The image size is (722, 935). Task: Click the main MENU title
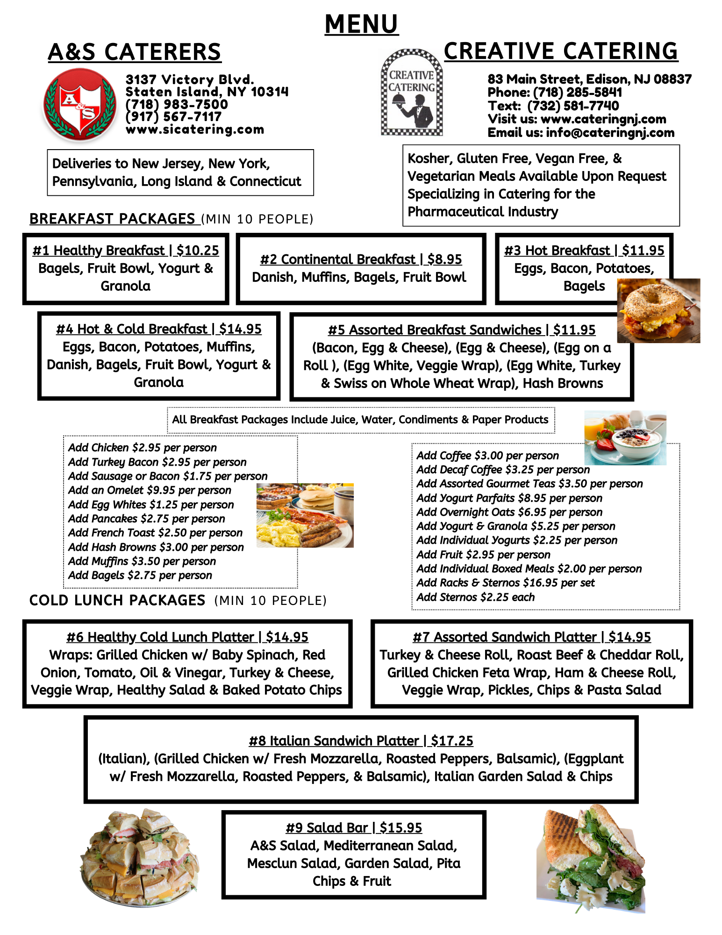pyautogui.click(x=361, y=24)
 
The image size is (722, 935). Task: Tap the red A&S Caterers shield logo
pyautogui.click(x=80, y=104)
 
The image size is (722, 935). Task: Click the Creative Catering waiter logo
pyautogui.click(x=412, y=93)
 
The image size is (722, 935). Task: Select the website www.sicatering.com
pyautogui.click(x=195, y=129)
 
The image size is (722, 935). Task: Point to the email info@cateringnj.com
pyautogui.click(x=610, y=133)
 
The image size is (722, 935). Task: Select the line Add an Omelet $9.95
pyautogui.click(x=150, y=490)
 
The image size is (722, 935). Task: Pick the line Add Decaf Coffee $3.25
pyautogui.click(x=503, y=470)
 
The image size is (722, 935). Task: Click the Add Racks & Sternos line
pyautogui.click(x=505, y=583)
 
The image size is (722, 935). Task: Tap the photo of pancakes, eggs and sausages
pyautogui.click(x=305, y=515)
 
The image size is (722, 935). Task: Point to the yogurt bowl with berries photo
pyautogui.click(x=625, y=438)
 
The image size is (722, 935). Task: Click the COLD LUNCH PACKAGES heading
pyautogui.click(x=117, y=600)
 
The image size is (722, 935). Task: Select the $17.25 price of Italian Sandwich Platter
pyautogui.click(x=452, y=741)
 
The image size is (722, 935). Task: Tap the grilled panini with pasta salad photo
pyautogui.click(x=591, y=858)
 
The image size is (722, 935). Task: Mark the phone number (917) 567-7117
pyautogui.click(x=173, y=117)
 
